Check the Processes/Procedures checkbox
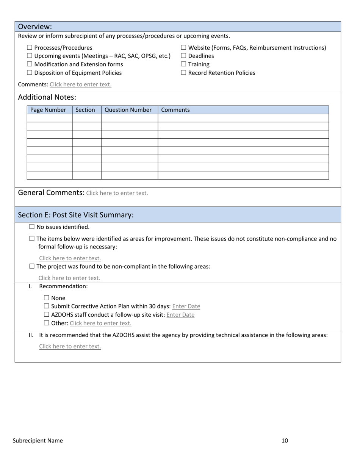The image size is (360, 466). pyautogui.click(x=30, y=48)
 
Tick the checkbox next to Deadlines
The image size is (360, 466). pyautogui.click(x=183, y=56)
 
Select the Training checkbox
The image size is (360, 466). pyautogui.click(x=183, y=64)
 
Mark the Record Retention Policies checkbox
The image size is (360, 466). pyautogui.click(x=183, y=73)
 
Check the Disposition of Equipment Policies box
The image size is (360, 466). pyautogui.click(x=30, y=73)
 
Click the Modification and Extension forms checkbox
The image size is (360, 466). pyautogui.click(x=30, y=64)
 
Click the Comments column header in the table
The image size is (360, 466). pyautogui.click(x=175, y=110)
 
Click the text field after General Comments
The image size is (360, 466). pyautogui.click(x=117, y=193)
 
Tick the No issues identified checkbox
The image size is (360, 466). pyautogui.click(x=32, y=227)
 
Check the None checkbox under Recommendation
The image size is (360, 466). pyautogui.click(x=47, y=298)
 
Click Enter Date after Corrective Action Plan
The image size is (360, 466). pyautogui.click(x=186, y=306)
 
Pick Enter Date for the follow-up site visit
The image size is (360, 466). pyautogui.click(x=180, y=315)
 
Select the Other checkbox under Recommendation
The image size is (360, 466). pyautogui.click(x=47, y=323)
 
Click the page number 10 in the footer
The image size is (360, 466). pyautogui.click(x=285, y=441)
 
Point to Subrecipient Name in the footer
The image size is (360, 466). pyautogui.click(x=38, y=441)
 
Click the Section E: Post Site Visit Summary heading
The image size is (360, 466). pyautogui.click(x=76, y=215)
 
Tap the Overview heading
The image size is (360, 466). pyautogui.click(x=35, y=27)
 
